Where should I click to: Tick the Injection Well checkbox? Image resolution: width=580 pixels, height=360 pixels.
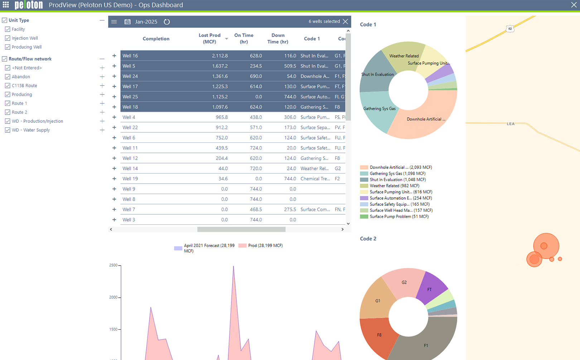[8, 38]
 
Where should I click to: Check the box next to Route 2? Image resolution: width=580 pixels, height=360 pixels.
[8, 112]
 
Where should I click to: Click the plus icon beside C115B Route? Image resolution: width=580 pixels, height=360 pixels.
[102, 86]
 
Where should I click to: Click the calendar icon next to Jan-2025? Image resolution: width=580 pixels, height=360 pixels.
[127, 22]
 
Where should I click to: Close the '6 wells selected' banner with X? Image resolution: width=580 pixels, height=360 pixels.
[345, 21]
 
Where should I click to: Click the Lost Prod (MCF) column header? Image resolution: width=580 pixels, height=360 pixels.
[209, 38]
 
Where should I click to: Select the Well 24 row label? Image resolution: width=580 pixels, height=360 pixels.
[130, 76]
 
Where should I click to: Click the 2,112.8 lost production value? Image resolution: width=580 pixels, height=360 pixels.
[219, 56]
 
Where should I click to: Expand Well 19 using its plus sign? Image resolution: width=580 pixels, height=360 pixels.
[114, 179]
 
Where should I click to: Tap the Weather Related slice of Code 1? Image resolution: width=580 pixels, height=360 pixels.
[404, 56]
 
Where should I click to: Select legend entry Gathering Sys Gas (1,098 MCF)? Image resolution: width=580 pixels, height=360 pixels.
[397, 174]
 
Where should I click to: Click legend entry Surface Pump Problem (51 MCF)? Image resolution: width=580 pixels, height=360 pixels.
[399, 217]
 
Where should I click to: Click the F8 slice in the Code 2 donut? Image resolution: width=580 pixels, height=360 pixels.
[379, 335]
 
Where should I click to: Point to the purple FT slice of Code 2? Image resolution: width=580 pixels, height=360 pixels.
[431, 288]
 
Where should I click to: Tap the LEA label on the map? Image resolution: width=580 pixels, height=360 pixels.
[511, 124]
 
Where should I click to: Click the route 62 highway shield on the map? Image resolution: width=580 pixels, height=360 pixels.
[510, 29]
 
